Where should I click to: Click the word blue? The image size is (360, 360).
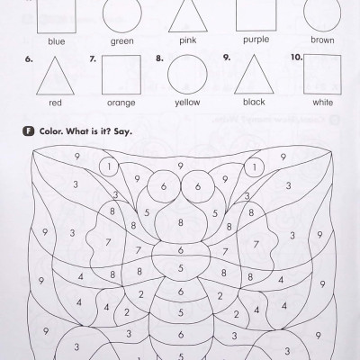pyautogui.click(x=57, y=40)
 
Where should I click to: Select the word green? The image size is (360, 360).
pyautogui.click(x=122, y=40)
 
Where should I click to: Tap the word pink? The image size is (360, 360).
pyautogui.click(x=188, y=40)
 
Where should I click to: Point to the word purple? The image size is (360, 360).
pyautogui.click(x=256, y=40)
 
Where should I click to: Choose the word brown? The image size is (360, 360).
pyautogui.click(x=322, y=40)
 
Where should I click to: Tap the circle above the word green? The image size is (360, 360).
pyautogui.click(x=122, y=13)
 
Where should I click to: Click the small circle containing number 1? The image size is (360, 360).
pyautogui.click(x=108, y=166)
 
